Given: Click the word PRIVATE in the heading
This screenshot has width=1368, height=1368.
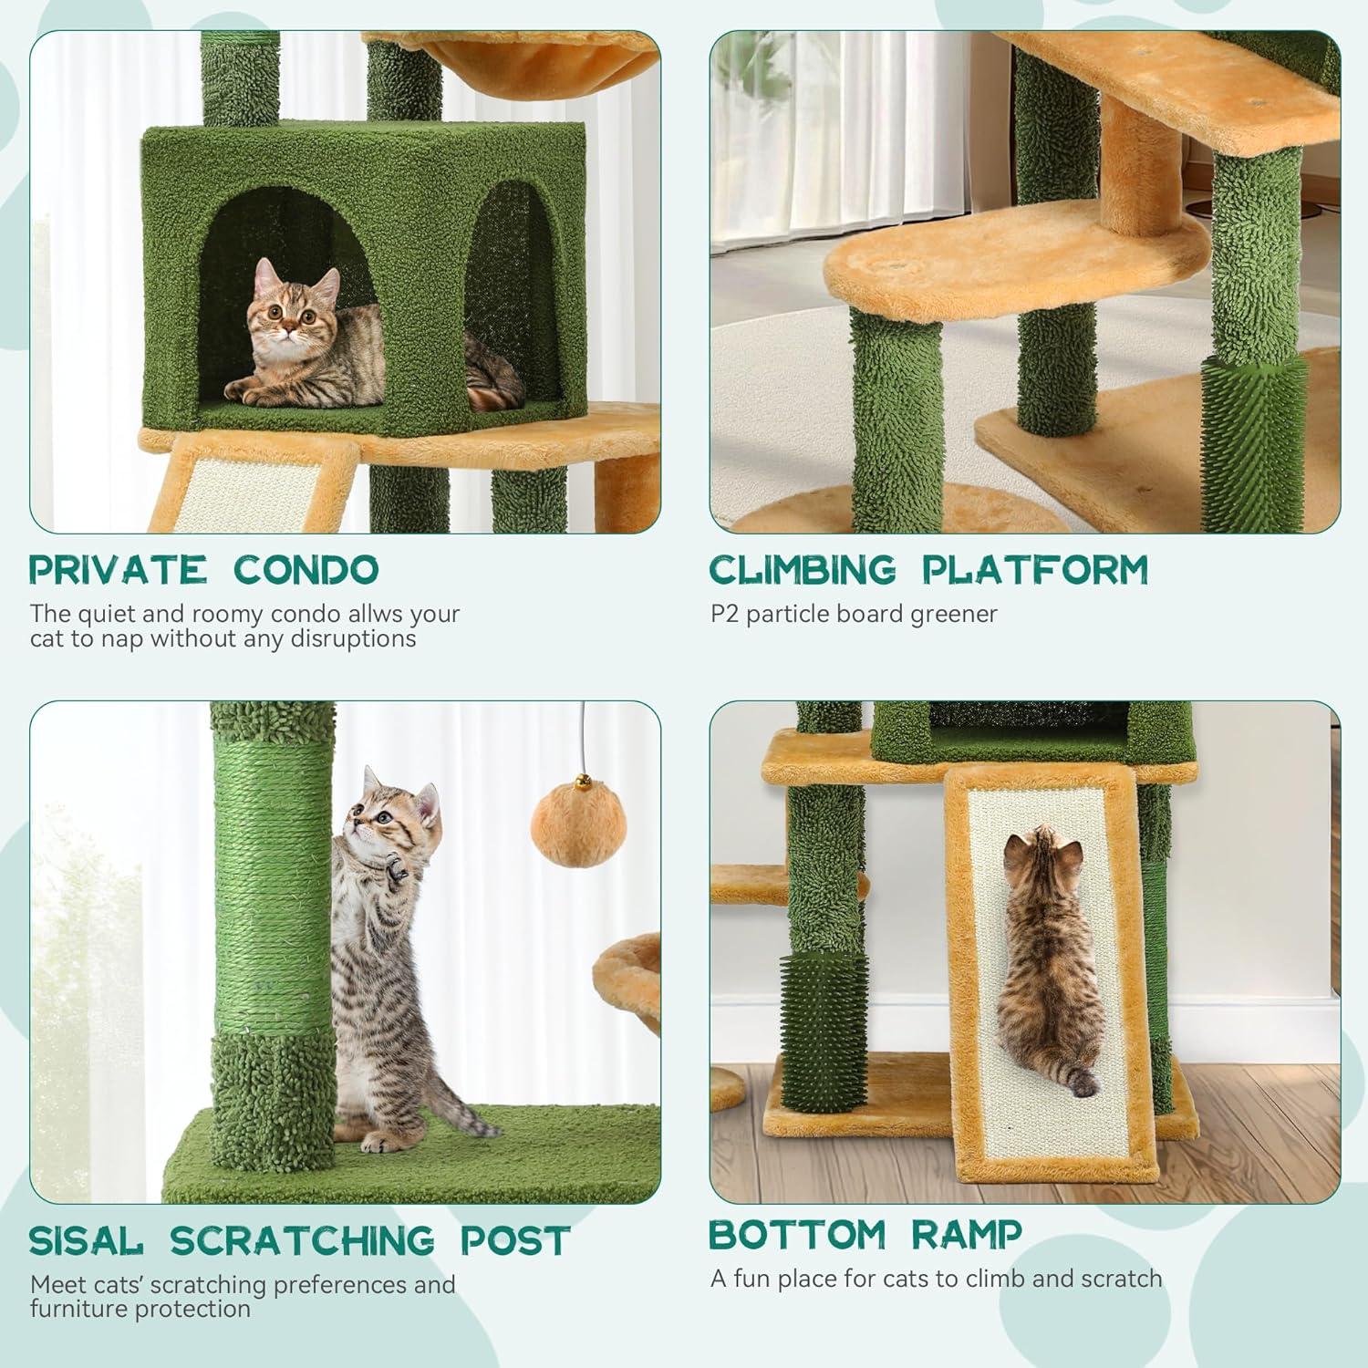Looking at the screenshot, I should (118, 569).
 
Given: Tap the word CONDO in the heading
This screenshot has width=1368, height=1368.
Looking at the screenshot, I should (306, 569).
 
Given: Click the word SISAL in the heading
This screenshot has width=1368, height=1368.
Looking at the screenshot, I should (87, 1240).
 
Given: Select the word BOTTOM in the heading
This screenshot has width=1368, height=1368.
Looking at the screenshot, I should (797, 1235).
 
